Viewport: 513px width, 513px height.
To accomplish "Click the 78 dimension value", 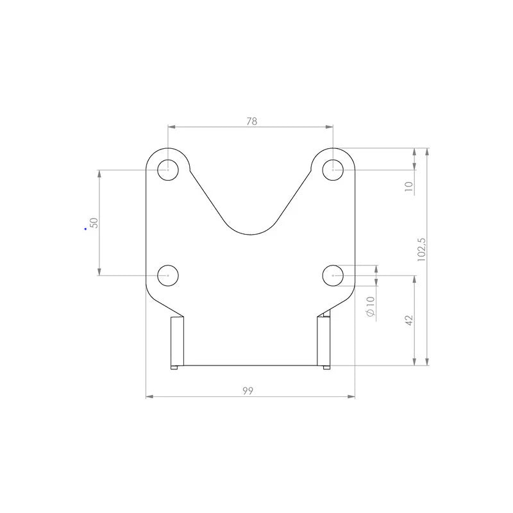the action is tap(252, 121).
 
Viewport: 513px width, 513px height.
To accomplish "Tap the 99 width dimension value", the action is tap(248, 391).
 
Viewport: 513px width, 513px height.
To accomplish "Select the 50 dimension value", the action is tap(94, 223).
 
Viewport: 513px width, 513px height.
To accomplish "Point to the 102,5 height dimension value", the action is tap(422, 249).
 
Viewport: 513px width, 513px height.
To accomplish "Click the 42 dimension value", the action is tap(409, 320).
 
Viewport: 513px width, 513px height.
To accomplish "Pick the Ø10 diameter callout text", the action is tap(371, 307).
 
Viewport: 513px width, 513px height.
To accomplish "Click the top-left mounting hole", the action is tap(168, 170).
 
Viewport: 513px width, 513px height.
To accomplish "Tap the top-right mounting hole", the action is tap(333, 170).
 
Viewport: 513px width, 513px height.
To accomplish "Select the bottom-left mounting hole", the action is tap(168, 276).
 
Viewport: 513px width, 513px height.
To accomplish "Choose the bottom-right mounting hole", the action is tap(333, 276).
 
